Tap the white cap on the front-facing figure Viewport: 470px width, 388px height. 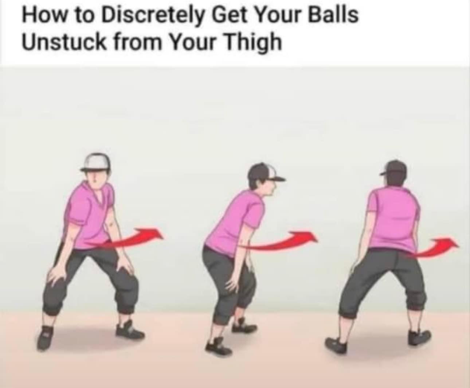[x=96, y=162]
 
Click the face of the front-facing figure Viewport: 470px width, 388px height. [x=96, y=180]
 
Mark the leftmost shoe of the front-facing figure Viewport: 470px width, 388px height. [x=45, y=337]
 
